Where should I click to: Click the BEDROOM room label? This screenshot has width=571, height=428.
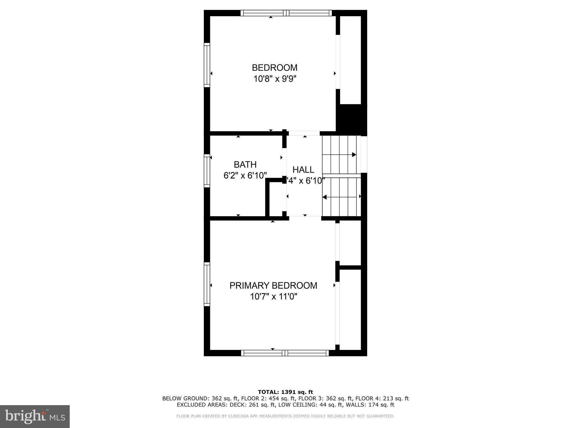pos(274,68)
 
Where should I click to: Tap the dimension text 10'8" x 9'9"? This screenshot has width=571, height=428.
pos(274,79)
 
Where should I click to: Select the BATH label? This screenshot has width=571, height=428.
pos(245,165)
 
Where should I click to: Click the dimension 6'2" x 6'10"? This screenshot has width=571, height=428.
pos(245,176)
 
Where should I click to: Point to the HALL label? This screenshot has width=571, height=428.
pos(303,170)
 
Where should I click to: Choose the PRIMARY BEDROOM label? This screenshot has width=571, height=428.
pos(273,286)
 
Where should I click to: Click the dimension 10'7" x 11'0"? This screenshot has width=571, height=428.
pos(273,297)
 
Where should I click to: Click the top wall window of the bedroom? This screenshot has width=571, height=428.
pos(286,13)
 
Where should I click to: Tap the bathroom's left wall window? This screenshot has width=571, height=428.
pos(207,171)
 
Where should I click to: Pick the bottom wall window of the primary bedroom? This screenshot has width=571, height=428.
pos(285,353)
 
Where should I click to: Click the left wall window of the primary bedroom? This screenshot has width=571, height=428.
pos(207,284)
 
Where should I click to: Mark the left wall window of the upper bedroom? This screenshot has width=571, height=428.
pos(207,65)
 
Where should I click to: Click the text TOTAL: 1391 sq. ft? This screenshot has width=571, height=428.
pos(285,392)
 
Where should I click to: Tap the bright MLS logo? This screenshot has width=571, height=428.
pos(35,417)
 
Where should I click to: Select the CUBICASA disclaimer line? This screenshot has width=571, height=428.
pos(285,416)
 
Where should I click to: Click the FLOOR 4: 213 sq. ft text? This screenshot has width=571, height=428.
pos(382,398)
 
